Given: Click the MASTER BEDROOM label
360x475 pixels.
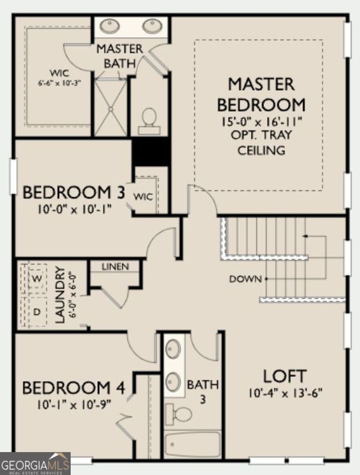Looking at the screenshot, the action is coord(261,95).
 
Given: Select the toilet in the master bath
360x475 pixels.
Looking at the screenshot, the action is coord(149,121).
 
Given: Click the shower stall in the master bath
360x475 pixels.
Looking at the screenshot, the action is coord(111,107).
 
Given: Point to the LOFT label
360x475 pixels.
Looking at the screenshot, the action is coord(285,376).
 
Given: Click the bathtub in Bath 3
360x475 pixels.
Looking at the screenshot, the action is coord(193,444).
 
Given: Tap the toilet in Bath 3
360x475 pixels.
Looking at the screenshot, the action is coord(179,414).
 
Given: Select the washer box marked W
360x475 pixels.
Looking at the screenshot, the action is coord(37,278).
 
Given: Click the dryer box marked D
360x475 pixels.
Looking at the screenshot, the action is coord(37,312).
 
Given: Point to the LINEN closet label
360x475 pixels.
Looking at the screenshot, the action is coord(115,267).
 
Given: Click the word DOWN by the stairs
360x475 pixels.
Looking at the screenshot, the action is coord(245,279).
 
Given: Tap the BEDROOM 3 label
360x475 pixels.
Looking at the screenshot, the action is coord(74,192).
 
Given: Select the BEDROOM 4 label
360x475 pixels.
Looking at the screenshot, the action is coord(74,388).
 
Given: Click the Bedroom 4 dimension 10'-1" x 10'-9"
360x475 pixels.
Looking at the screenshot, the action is coord(74,405).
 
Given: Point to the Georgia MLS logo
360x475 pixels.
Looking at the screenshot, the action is coord(35,463).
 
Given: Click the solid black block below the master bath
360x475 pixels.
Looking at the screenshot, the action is coord(151,152).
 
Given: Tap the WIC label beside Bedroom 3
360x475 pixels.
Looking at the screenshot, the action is coord(143,197).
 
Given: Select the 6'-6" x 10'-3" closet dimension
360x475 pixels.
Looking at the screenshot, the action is coord(60,82).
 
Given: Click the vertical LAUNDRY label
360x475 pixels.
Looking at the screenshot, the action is coord(60,295).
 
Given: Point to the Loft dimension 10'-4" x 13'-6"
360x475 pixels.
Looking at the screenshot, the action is coord(285,394).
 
